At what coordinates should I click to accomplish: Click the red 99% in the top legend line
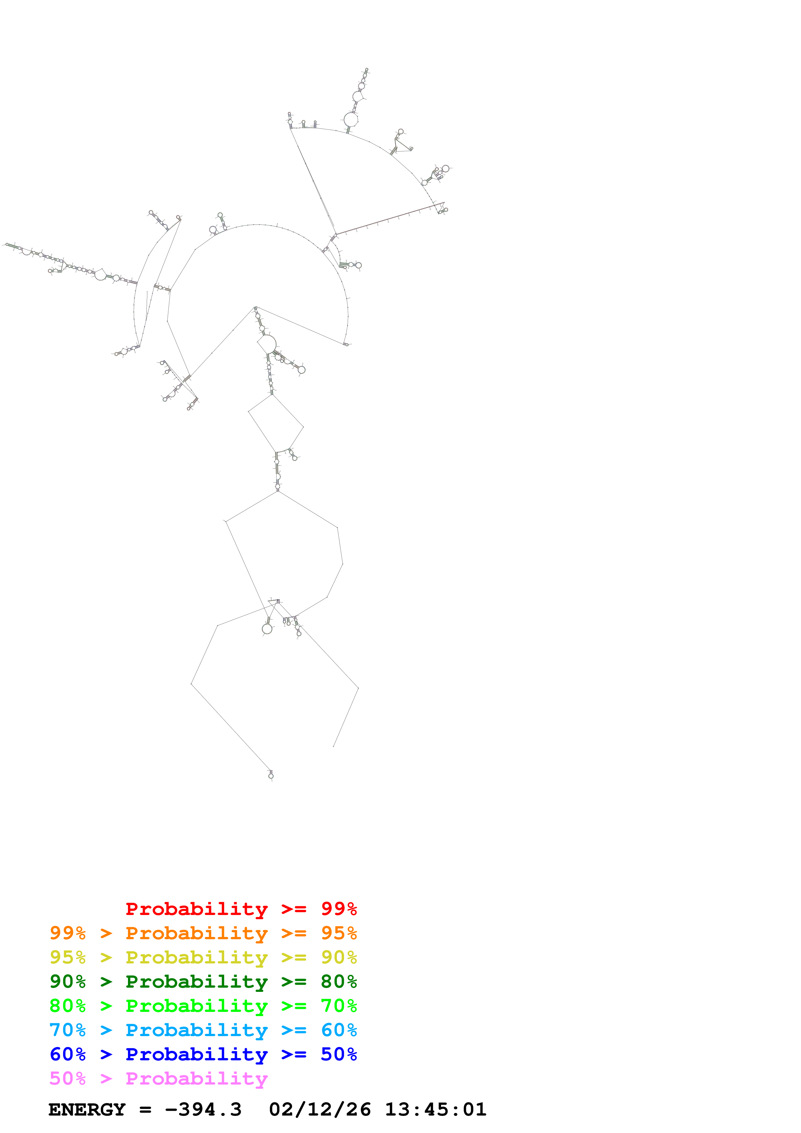pos(339,909)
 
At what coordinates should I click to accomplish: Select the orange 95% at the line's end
pos(339,933)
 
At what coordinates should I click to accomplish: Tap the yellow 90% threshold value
pos(339,957)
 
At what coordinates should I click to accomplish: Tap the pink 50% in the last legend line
pos(68,1078)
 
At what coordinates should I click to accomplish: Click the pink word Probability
pos(196,1078)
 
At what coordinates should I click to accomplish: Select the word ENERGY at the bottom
pos(87,1109)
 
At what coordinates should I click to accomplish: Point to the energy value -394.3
pos(203,1109)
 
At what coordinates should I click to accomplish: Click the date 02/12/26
pos(320,1109)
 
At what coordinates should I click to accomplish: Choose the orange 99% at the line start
pos(68,933)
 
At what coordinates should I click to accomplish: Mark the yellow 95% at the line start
pos(68,957)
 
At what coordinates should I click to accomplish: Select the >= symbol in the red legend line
pos(294,909)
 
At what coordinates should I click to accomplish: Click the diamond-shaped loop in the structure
pos(275,423)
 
